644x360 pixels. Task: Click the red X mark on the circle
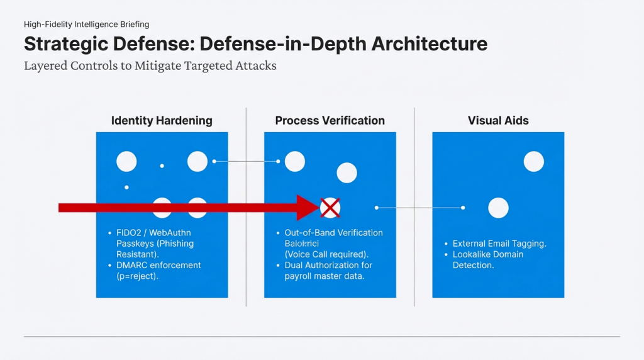[330, 207]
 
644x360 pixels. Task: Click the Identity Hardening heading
[162, 120]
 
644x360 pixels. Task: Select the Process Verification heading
[330, 120]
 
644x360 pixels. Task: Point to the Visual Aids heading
[498, 120]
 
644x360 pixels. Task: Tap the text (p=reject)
[138, 276]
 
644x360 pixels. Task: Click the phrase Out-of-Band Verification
[333, 233]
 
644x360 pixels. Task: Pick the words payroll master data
[324, 276]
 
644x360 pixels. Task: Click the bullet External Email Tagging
[499, 244]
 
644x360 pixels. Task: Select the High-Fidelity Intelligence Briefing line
[86, 25]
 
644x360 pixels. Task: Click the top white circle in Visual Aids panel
[534, 162]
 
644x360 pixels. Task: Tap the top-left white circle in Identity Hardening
[126, 162]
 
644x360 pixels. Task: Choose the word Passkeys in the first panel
[134, 244]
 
